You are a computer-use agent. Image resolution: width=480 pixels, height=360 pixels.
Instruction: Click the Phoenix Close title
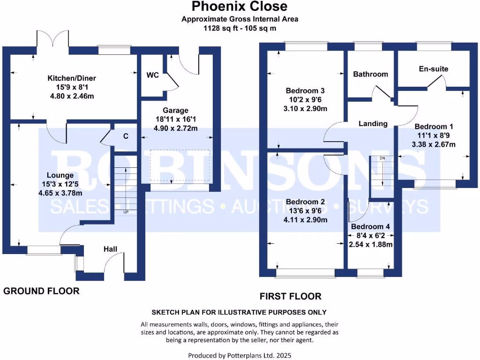coord(240,7)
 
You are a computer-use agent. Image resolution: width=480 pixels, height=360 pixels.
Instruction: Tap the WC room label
coord(152,75)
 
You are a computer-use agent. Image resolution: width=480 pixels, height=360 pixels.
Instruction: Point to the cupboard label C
coord(126,136)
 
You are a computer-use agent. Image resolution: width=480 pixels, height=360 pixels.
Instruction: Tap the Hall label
coord(110,249)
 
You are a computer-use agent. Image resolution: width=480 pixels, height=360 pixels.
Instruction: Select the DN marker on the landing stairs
coord(382,158)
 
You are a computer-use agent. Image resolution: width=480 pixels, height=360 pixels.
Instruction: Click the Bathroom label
coord(370,74)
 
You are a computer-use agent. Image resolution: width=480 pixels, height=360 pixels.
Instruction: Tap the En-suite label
coord(433,69)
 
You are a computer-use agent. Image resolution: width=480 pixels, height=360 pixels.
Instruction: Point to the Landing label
coord(373,124)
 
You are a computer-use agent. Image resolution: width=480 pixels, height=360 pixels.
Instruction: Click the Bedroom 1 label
coord(434,127)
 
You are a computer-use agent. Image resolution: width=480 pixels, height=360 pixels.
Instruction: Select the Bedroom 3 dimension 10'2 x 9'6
coord(306,99)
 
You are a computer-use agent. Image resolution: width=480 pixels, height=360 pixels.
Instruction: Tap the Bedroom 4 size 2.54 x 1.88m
coord(371,244)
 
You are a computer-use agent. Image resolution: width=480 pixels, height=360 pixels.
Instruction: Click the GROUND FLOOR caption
coord(41,291)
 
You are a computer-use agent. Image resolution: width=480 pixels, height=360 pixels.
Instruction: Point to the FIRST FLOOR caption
coord(291,296)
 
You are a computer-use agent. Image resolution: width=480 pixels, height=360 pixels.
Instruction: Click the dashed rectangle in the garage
coord(180,165)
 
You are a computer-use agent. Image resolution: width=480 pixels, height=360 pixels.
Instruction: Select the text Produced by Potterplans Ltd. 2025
coord(240,355)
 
